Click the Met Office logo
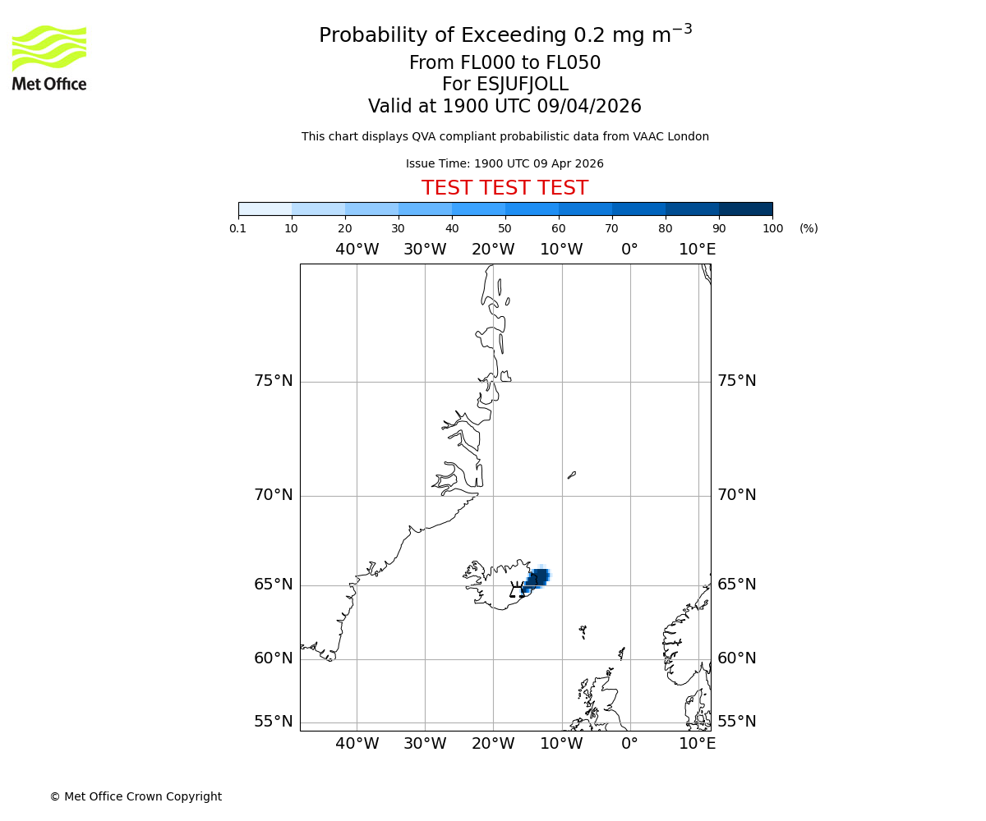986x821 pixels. pyautogui.click(x=49, y=57)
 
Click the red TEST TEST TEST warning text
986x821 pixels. pyautogui.click(x=505, y=188)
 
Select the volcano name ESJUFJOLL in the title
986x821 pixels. pyautogui.click(x=505, y=85)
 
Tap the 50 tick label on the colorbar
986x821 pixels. pyautogui.click(x=505, y=228)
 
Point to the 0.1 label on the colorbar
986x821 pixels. pyautogui.click(x=238, y=228)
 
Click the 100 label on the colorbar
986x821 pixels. pyautogui.click(x=772, y=228)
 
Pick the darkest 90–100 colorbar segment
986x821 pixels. pyautogui.click(x=745, y=209)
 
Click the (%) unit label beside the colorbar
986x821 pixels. pyautogui.click(x=809, y=228)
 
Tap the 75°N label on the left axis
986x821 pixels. pyautogui.click(x=274, y=381)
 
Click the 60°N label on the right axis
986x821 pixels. pyautogui.click(x=736, y=658)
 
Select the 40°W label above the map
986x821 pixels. pyautogui.click(x=357, y=250)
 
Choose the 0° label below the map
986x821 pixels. pyautogui.click(x=629, y=744)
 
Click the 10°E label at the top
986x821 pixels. pyautogui.click(x=697, y=250)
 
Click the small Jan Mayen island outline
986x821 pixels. pyautogui.click(x=572, y=475)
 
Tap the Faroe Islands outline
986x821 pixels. pyautogui.click(x=583, y=631)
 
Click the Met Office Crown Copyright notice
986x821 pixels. pyautogui.click(x=136, y=796)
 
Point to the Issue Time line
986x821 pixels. pyautogui.click(x=505, y=163)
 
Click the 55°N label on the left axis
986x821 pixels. pyautogui.click(x=274, y=722)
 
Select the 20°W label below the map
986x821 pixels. pyautogui.click(x=493, y=744)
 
